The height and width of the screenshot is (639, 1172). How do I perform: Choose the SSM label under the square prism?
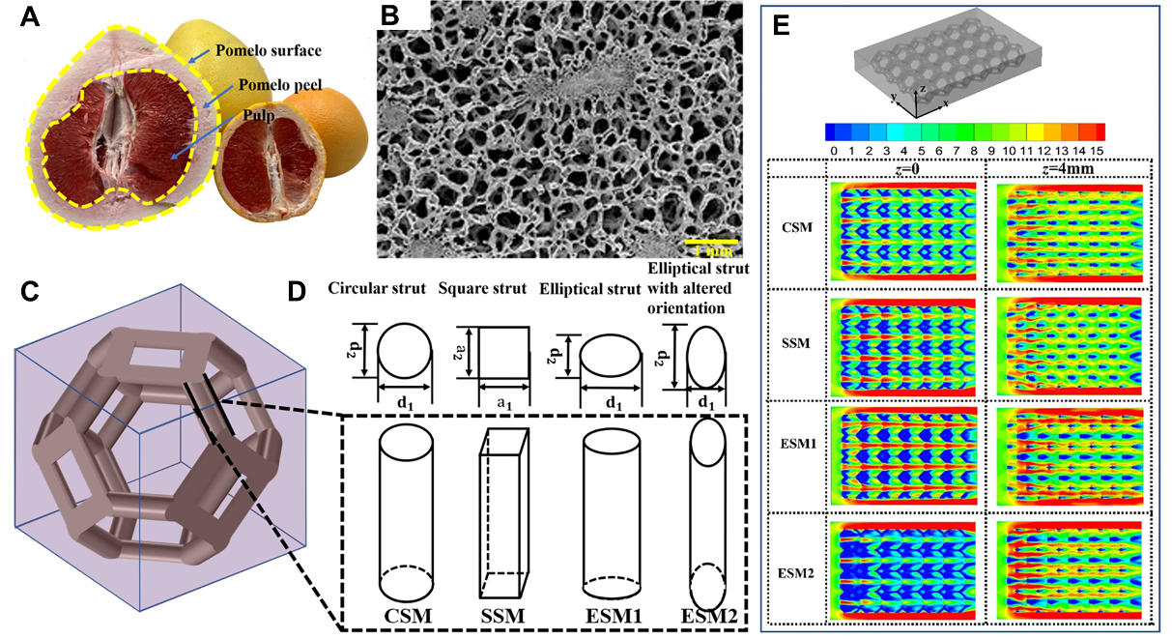coord(501,615)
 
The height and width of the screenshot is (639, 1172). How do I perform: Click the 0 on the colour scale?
coord(833,152)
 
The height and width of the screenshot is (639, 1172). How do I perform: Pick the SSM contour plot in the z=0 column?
coord(903,344)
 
